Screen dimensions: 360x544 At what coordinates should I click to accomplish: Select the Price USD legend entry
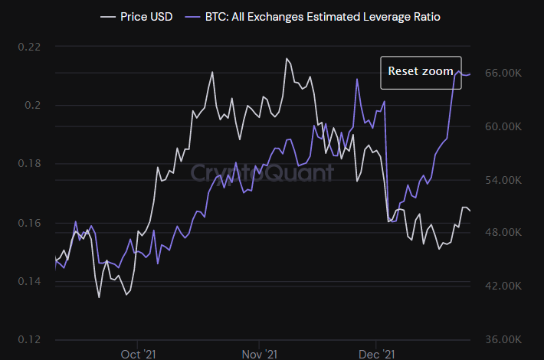pyautogui.click(x=139, y=15)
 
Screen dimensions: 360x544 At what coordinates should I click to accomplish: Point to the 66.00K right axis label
pyautogui.click(x=503, y=73)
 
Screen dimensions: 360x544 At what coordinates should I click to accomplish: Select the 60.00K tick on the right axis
pyautogui.click(x=503, y=126)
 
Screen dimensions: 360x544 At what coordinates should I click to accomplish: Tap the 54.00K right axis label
pyautogui.click(x=503, y=180)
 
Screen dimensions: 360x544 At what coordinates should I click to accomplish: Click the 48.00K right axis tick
pyautogui.click(x=503, y=232)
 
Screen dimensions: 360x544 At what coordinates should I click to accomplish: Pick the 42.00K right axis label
pyautogui.click(x=503, y=286)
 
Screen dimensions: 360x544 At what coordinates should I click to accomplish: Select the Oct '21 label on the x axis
pyautogui.click(x=139, y=354)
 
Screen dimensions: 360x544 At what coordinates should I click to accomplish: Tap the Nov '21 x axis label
pyautogui.click(x=259, y=354)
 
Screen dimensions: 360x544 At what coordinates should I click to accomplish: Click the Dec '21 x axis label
pyautogui.click(x=376, y=354)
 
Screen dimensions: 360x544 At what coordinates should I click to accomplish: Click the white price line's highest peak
pyautogui.click(x=287, y=58)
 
